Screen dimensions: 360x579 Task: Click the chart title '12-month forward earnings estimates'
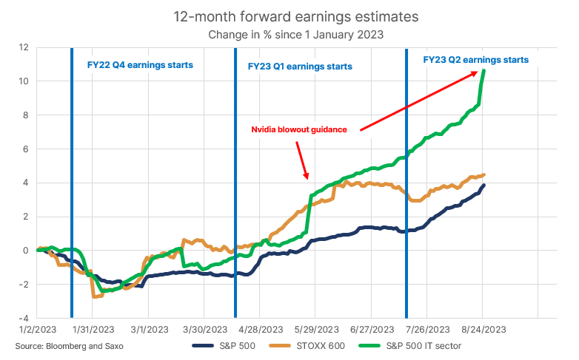point(289,15)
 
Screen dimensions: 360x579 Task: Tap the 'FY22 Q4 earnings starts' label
point(135,65)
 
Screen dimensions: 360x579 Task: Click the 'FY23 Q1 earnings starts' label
point(299,66)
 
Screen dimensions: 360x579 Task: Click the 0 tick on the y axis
point(25,250)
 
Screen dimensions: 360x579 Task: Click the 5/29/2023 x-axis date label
point(315,329)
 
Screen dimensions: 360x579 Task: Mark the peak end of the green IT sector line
point(483,71)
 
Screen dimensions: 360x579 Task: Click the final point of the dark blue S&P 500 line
point(483,186)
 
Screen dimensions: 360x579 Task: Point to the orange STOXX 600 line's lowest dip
point(96,296)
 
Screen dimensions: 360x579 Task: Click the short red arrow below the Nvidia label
point(301,160)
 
